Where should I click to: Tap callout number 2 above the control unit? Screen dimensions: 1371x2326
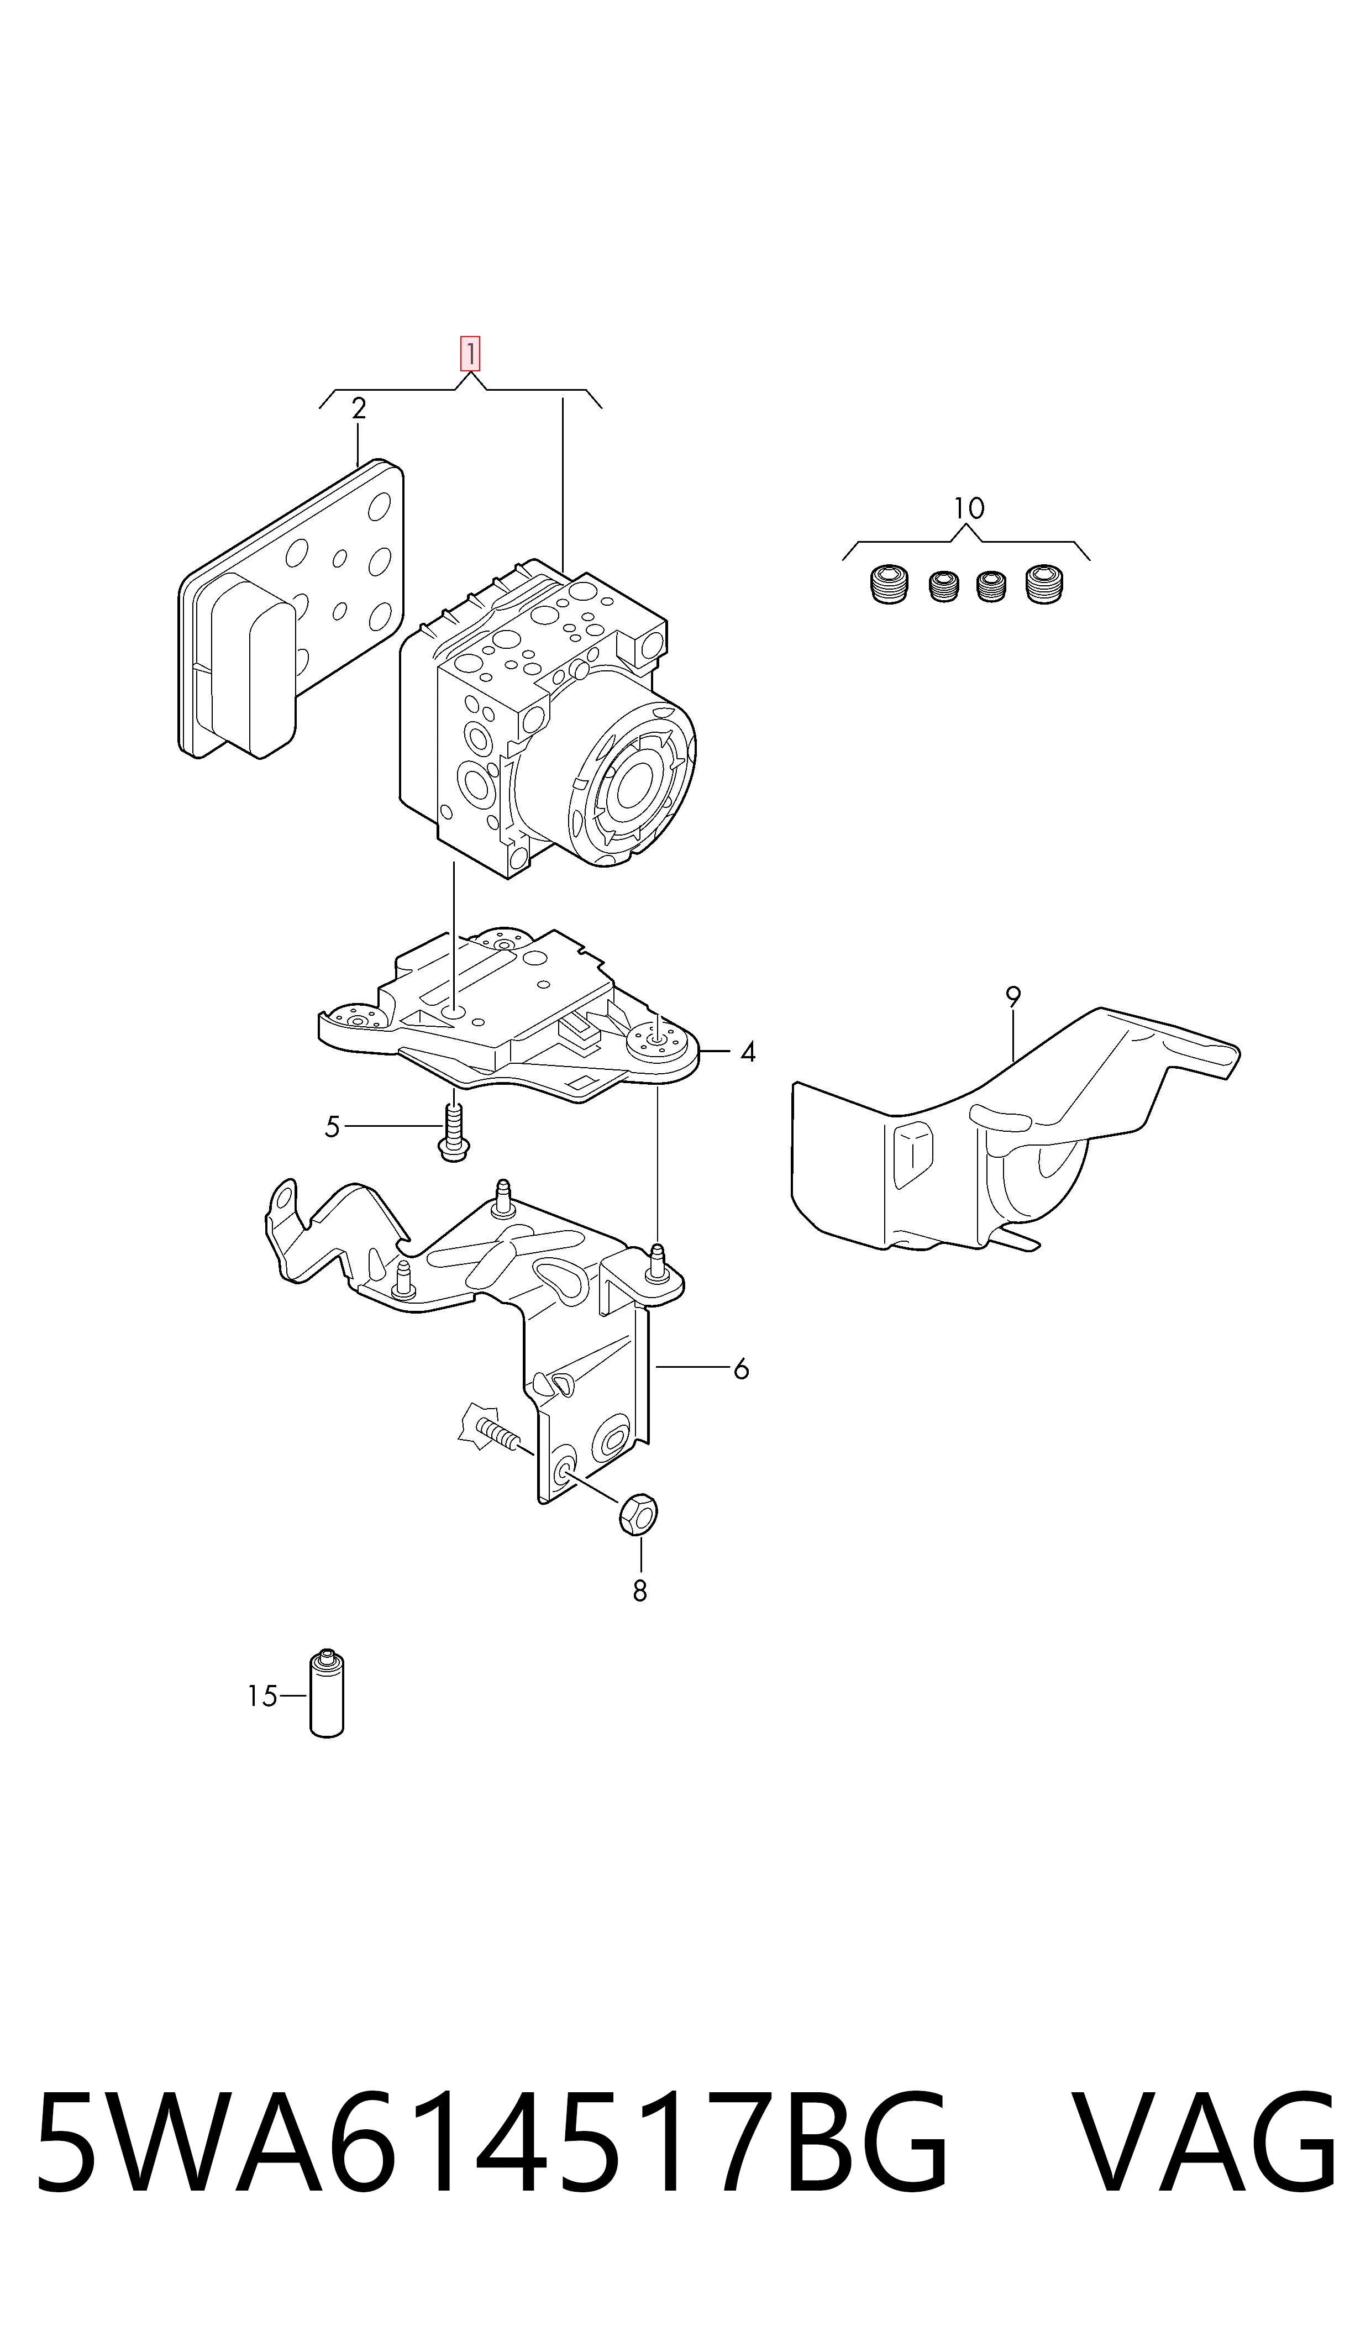point(359,408)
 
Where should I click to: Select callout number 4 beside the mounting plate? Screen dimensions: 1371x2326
point(748,1052)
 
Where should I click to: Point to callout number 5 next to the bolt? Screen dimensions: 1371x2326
point(333,1127)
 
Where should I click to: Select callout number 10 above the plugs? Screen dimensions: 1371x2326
point(968,508)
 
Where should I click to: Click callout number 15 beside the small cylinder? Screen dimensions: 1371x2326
point(262,1696)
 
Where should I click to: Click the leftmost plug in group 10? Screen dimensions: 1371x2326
point(889,583)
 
